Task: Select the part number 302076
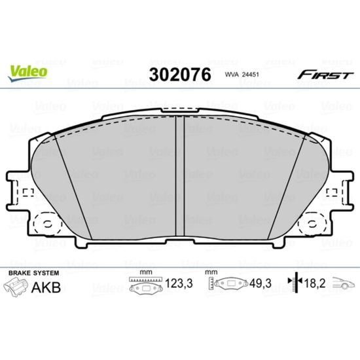pyautogui.click(x=180, y=75)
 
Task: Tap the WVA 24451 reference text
pyautogui.click(x=242, y=75)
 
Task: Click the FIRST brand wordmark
pyautogui.click(x=325, y=75)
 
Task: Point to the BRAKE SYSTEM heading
pyautogui.click(x=34, y=273)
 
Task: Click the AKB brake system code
pyautogui.click(x=46, y=287)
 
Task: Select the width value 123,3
pyautogui.click(x=179, y=283)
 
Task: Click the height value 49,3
pyautogui.click(x=261, y=283)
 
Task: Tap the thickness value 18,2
pyautogui.click(x=315, y=283)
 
